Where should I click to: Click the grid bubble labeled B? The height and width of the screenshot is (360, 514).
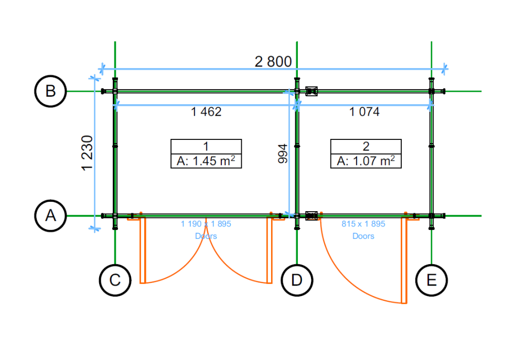[50, 91]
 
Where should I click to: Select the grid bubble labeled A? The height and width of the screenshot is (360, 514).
[50, 215]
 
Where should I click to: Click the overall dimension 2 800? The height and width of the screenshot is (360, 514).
[273, 61]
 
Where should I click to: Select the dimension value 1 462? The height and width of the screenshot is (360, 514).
[206, 112]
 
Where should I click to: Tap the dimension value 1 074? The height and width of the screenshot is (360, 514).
[365, 112]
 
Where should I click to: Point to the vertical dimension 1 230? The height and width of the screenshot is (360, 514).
[87, 152]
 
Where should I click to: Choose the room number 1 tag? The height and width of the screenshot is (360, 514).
[206, 146]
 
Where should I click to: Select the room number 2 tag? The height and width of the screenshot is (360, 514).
[366, 146]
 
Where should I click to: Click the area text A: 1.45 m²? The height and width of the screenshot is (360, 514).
[206, 161]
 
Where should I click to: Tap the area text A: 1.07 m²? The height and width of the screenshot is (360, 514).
[366, 161]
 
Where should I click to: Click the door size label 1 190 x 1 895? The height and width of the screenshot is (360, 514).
[206, 224]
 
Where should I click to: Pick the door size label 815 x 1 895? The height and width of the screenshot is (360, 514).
[363, 224]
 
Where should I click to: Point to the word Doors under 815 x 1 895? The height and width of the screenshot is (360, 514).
[363, 236]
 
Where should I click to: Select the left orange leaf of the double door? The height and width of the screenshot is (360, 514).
[142, 250]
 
